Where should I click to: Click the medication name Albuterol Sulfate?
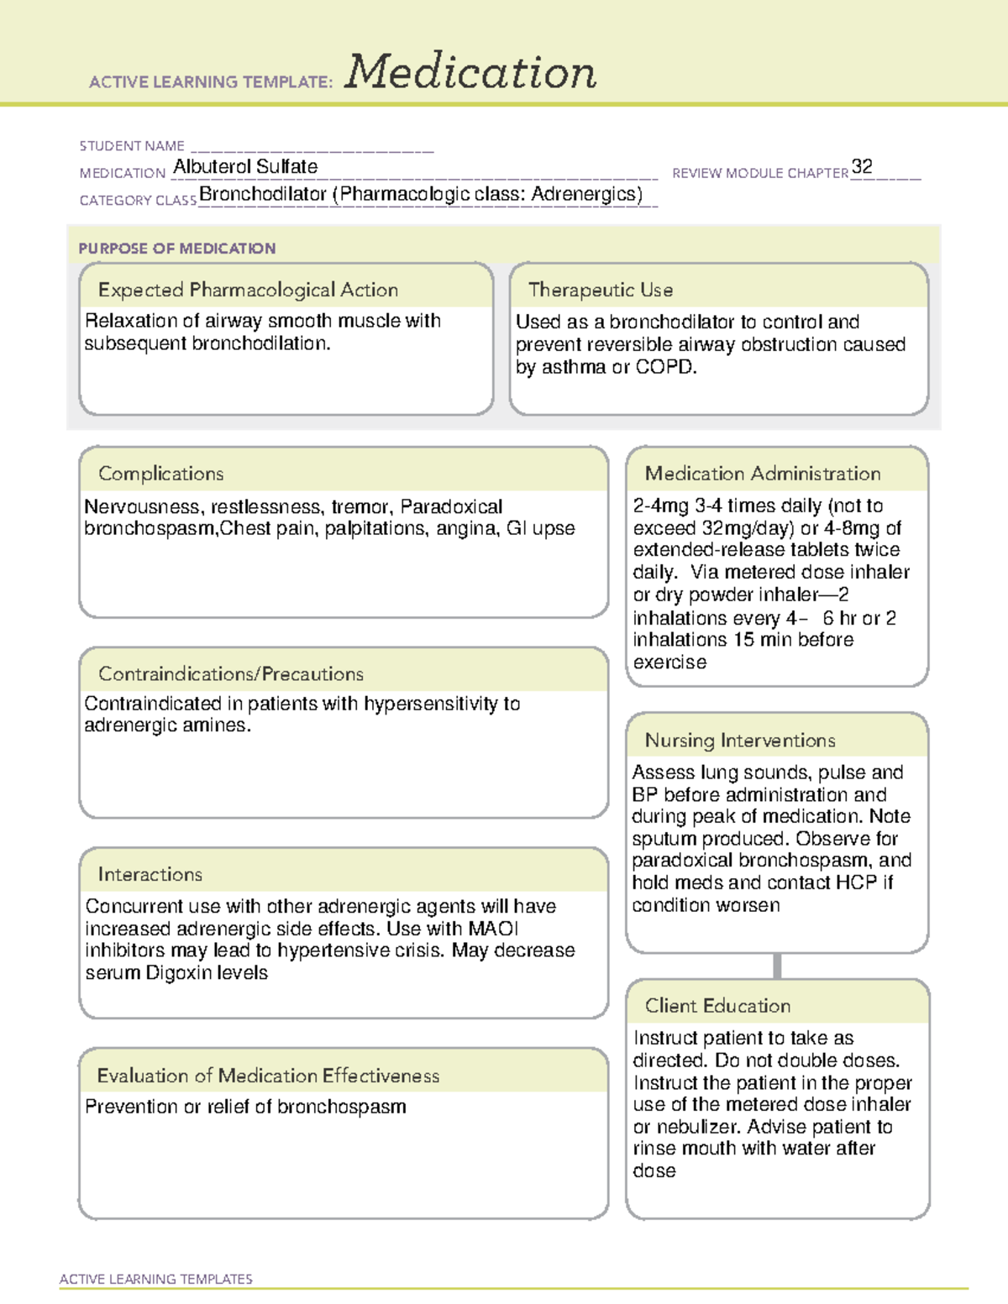tap(245, 167)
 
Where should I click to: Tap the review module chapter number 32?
tap(862, 166)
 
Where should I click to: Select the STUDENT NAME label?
tap(132, 146)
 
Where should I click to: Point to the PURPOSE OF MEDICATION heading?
tap(176, 249)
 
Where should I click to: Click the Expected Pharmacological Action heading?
tap(248, 290)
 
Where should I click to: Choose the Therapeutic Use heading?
tap(601, 290)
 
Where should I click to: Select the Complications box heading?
tap(160, 474)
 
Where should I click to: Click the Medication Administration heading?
tap(763, 474)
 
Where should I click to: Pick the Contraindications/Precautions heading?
tap(231, 673)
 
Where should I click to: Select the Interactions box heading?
tap(150, 874)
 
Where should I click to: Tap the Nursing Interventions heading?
tap(740, 740)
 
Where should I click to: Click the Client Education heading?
tap(717, 1005)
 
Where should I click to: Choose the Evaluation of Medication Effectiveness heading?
tap(268, 1076)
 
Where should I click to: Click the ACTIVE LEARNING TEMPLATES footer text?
tap(156, 1279)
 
